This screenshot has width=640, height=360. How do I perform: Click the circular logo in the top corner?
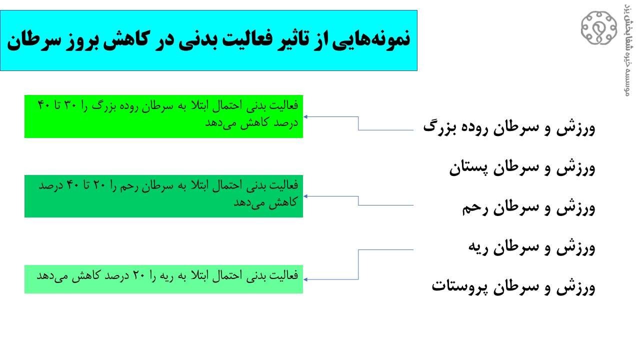(599, 28)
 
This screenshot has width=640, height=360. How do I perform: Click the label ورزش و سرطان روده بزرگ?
(509, 127)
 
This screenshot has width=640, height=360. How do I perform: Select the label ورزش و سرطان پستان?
(522, 167)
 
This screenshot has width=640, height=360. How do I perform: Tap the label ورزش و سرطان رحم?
(529, 207)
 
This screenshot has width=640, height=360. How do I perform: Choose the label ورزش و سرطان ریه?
(531, 247)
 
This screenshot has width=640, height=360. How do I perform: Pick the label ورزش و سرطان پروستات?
(513, 286)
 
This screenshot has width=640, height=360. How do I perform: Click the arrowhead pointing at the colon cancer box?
(305, 117)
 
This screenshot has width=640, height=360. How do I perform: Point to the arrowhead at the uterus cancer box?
(305, 196)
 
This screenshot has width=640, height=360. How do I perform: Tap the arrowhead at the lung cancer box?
(305, 279)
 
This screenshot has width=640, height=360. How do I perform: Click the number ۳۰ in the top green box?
(70, 105)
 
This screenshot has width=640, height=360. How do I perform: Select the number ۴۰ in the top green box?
(44, 105)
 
